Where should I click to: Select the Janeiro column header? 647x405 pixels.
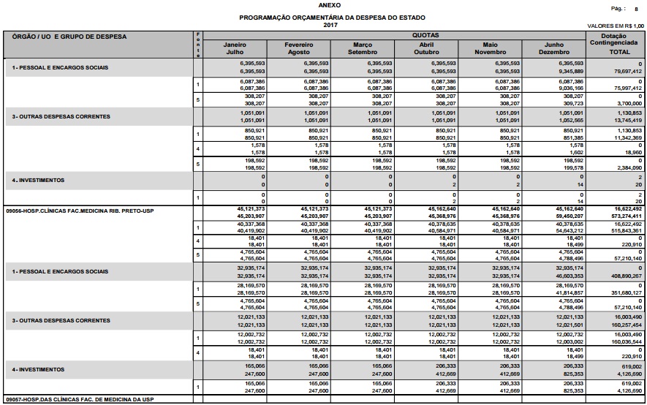point(235,45)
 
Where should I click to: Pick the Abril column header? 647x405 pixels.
point(425,45)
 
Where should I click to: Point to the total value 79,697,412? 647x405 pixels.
point(627,72)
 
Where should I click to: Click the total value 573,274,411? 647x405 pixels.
point(627,216)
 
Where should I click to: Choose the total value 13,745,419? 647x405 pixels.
point(627,120)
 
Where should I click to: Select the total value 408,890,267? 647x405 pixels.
point(627,276)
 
